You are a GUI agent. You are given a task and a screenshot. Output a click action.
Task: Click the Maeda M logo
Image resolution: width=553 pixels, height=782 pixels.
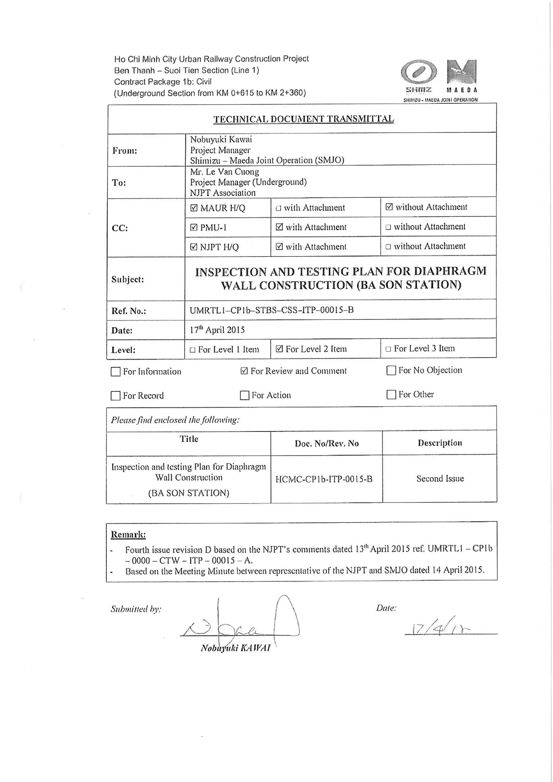[461, 72]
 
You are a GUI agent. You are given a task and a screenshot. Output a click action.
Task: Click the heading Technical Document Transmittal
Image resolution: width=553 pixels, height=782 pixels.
[304, 119]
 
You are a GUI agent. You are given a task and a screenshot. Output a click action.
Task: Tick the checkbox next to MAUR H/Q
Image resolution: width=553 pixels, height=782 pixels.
[194, 208]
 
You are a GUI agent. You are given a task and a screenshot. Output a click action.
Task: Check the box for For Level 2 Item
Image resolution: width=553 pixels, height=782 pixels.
[279, 349]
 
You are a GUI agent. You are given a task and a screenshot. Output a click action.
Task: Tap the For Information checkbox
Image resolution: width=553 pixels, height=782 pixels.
[116, 372]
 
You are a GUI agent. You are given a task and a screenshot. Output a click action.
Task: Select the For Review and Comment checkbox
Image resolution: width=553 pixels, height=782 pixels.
[244, 371]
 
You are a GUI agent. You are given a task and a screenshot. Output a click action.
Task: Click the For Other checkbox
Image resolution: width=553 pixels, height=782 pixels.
[391, 394]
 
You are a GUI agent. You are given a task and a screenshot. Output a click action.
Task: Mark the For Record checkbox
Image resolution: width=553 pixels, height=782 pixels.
[116, 396]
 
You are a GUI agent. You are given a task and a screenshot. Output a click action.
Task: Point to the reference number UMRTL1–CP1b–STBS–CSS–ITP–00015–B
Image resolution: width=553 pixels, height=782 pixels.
[271, 310]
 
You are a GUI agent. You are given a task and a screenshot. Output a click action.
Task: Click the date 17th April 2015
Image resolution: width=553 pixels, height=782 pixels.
[217, 330]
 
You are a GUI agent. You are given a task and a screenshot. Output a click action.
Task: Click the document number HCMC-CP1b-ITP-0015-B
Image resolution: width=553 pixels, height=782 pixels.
[323, 479]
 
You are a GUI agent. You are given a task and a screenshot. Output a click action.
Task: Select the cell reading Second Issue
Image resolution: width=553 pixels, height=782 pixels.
[440, 479]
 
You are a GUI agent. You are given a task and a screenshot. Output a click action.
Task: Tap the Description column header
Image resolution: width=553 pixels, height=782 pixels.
[440, 443]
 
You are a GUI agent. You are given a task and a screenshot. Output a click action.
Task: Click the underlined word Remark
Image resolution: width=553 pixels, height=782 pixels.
[128, 534]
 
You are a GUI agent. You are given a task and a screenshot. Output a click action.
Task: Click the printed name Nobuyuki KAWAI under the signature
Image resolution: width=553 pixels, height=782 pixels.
[236, 648]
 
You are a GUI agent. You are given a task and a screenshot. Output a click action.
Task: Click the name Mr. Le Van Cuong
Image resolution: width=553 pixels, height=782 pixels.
[224, 172]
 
